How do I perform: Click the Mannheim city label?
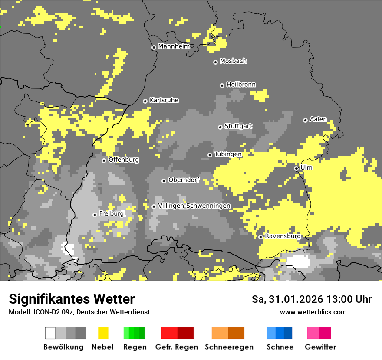click(174, 46)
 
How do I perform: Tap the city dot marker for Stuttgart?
click(221, 127)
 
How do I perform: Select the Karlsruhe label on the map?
click(164, 100)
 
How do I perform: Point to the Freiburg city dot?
click(95, 215)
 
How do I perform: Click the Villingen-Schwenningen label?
click(194, 206)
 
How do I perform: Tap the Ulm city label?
click(306, 167)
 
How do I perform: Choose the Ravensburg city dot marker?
click(260, 237)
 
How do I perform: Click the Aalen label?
click(318, 119)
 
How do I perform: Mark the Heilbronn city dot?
click(222, 85)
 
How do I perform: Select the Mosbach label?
click(233, 61)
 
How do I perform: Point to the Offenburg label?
click(124, 160)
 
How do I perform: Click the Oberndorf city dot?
click(164, 181)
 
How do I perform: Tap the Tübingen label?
click(228, 154)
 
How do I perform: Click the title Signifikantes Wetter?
click(72, 299)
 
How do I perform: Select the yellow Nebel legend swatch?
click(103, 333)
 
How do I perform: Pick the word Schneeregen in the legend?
click(229, 347)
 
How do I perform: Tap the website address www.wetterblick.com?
click(313, 312)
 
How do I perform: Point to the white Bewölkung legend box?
click(50, 333)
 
